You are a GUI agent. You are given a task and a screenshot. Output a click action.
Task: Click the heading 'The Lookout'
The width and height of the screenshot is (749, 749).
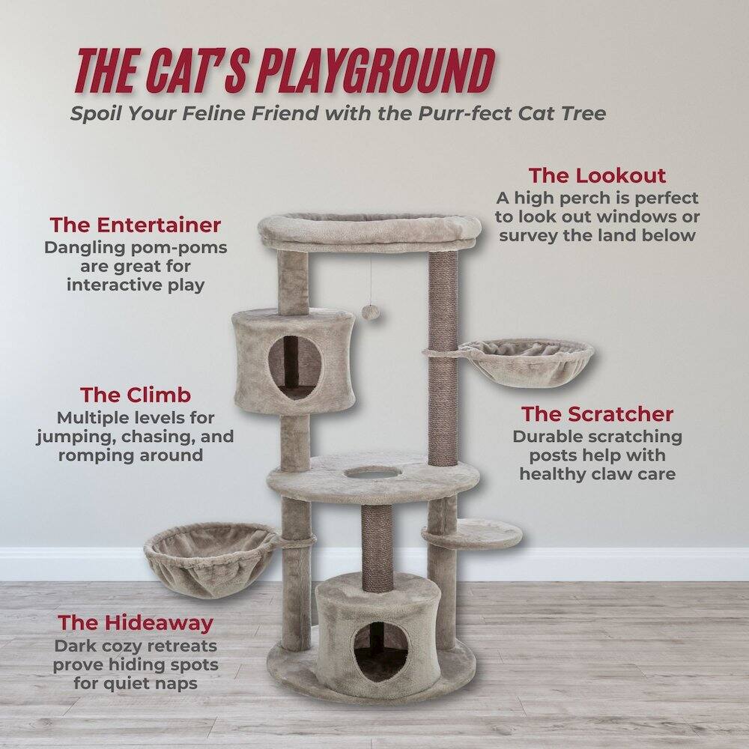tap(597, 176)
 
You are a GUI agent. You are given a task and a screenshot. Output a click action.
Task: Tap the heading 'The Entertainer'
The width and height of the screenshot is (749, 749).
tap(136, 225)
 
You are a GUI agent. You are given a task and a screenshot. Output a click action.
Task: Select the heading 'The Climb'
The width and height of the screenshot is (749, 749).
tap(136, 395)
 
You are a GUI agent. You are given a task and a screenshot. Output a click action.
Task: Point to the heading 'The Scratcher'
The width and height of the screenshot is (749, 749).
tap(597, 414)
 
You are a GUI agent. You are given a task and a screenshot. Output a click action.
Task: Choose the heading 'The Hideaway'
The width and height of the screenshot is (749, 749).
tap(136, 622)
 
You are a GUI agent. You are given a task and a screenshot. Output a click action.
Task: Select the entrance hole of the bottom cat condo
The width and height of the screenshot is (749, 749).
tap(381, 652)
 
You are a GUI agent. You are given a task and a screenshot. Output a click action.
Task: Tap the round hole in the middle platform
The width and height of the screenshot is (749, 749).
tap(372, 473)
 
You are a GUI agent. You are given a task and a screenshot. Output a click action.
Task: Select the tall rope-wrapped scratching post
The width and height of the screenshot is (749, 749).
tap(443, 352)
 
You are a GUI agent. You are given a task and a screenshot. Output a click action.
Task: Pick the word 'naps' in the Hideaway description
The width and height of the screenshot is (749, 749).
tap(181, 683)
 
